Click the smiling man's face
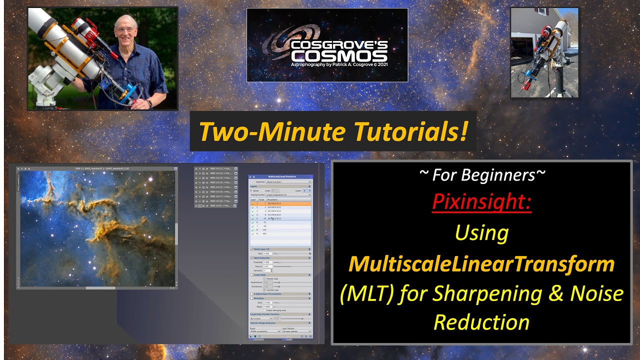point(124,30)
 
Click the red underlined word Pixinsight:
point(481,202)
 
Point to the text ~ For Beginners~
point(481,175)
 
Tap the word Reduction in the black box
point(481,322)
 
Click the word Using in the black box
point(481,233)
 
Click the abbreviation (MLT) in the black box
point(367,294)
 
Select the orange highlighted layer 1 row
point(280,204)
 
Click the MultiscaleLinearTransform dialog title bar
point(280,177)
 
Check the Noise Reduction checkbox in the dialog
point(251,258)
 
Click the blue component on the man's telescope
point(131,92)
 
